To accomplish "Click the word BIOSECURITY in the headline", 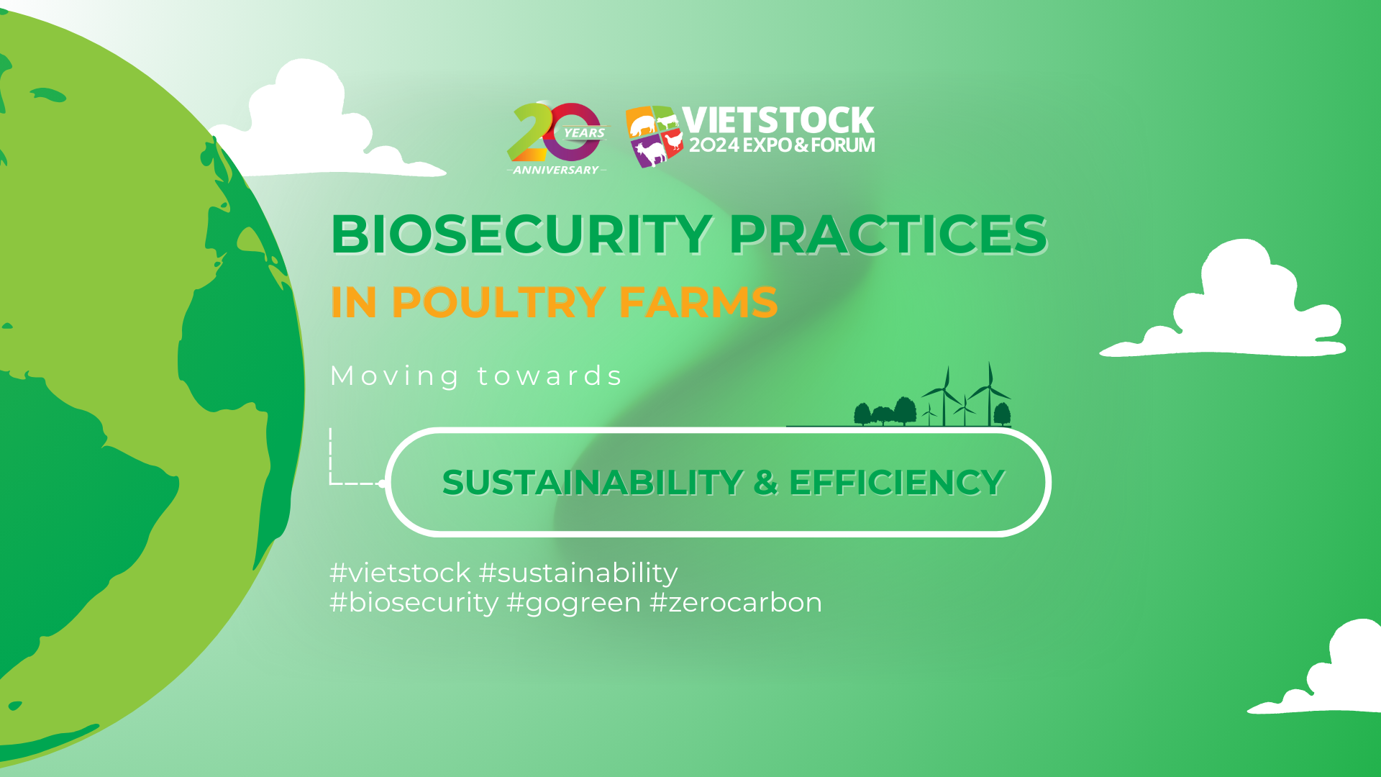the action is pos(521,235).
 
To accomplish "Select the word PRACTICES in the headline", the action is pos(888,235).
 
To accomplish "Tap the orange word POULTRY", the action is pos(498,302).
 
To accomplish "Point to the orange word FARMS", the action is pos(698,302).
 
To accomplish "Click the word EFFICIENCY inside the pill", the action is pos(897,482).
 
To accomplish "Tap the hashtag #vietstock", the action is pos(400,573).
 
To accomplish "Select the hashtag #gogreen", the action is pos(573,603).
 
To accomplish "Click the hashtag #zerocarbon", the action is pos(735,603).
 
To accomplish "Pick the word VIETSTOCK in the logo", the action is pos(778,120).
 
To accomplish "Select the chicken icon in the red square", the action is pos(673,141).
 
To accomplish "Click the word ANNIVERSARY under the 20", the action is pos(556,170).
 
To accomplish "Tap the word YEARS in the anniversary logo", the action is pos(584,133).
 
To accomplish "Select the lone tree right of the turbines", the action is pos(1002,414).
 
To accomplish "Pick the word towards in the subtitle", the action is pos(550,376).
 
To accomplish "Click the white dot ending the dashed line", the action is pos(382,483).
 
